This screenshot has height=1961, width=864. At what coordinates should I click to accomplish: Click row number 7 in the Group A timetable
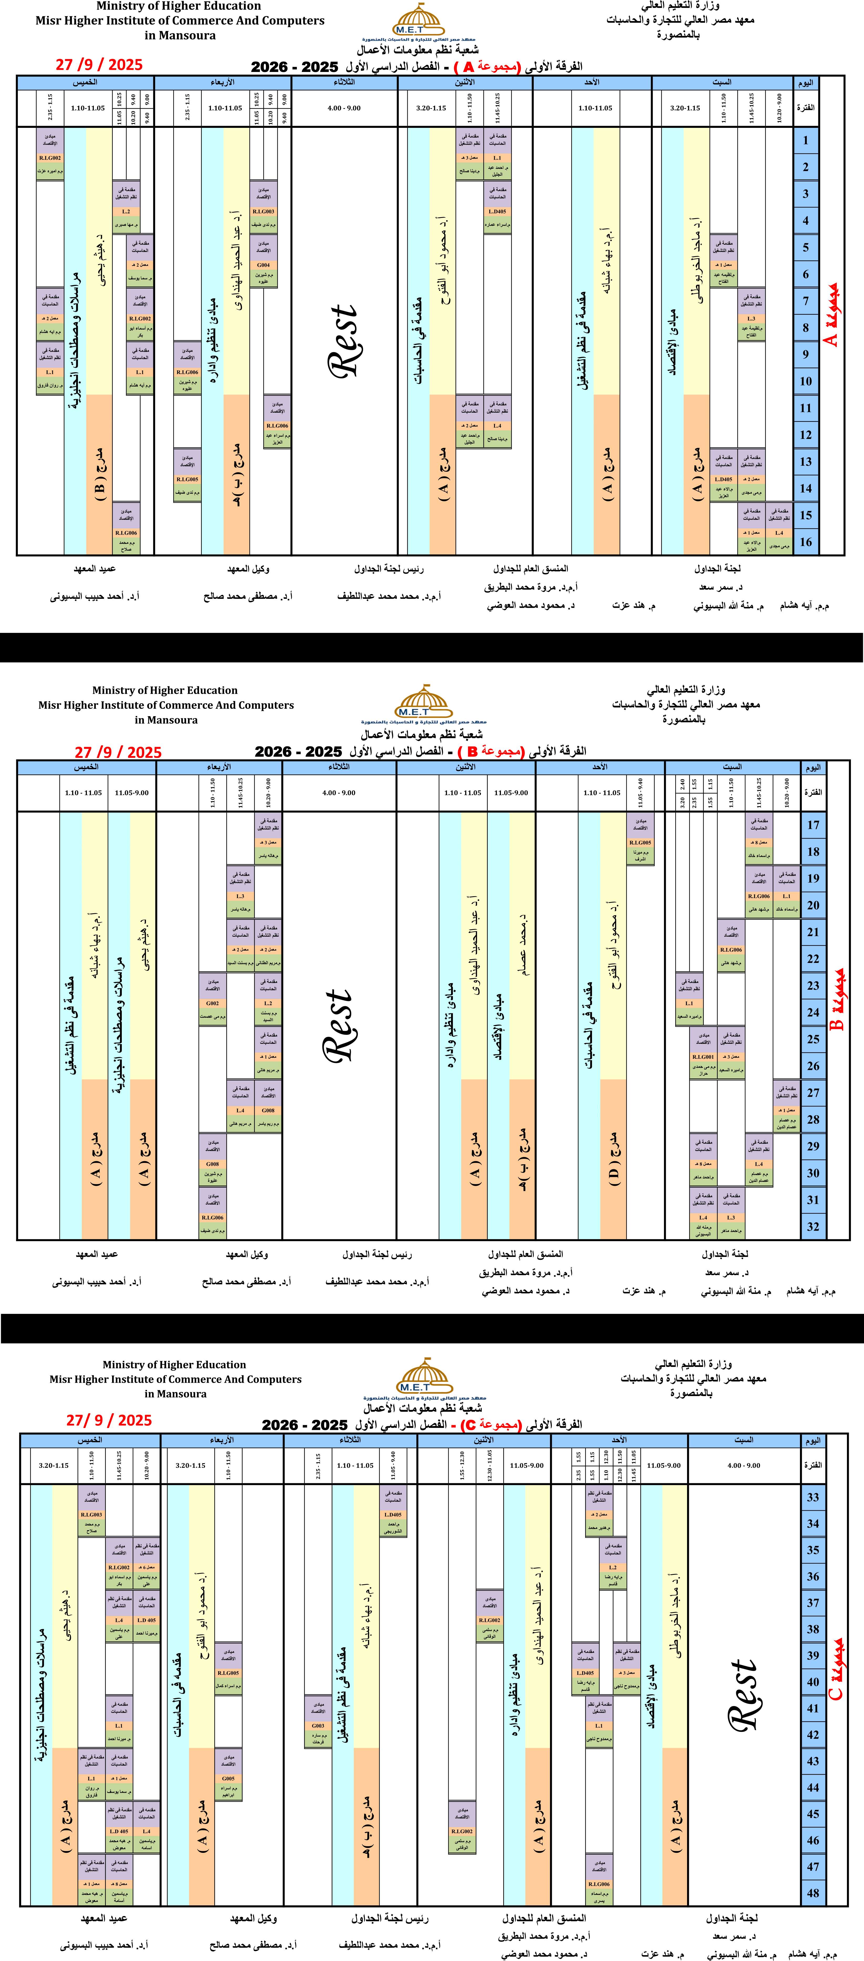pyautogui.click(x=805, y=301)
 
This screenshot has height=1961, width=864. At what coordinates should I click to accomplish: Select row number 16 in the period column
pyautogui.click(x=805, y=542)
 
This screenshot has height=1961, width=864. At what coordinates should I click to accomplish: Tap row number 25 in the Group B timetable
pyautogui.click(x=813, y=1039)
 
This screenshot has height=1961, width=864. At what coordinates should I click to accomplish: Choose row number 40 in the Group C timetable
pyautogui.click(x=813, y=1682)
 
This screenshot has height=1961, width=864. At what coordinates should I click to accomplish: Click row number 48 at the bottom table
pyautogui.click(x=813, y=1893)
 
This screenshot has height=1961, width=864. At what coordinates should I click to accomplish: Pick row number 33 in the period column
pyautogui.click(x=813, y=1497)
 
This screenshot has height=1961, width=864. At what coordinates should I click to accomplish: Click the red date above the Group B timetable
pyautogui.click(x=118, y=752)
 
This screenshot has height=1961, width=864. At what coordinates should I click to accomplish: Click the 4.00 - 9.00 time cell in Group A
pyautogui.click(x=344, y=108)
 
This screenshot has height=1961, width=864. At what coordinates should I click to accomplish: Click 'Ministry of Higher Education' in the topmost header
pyautogui.click(x=179, y=6)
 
